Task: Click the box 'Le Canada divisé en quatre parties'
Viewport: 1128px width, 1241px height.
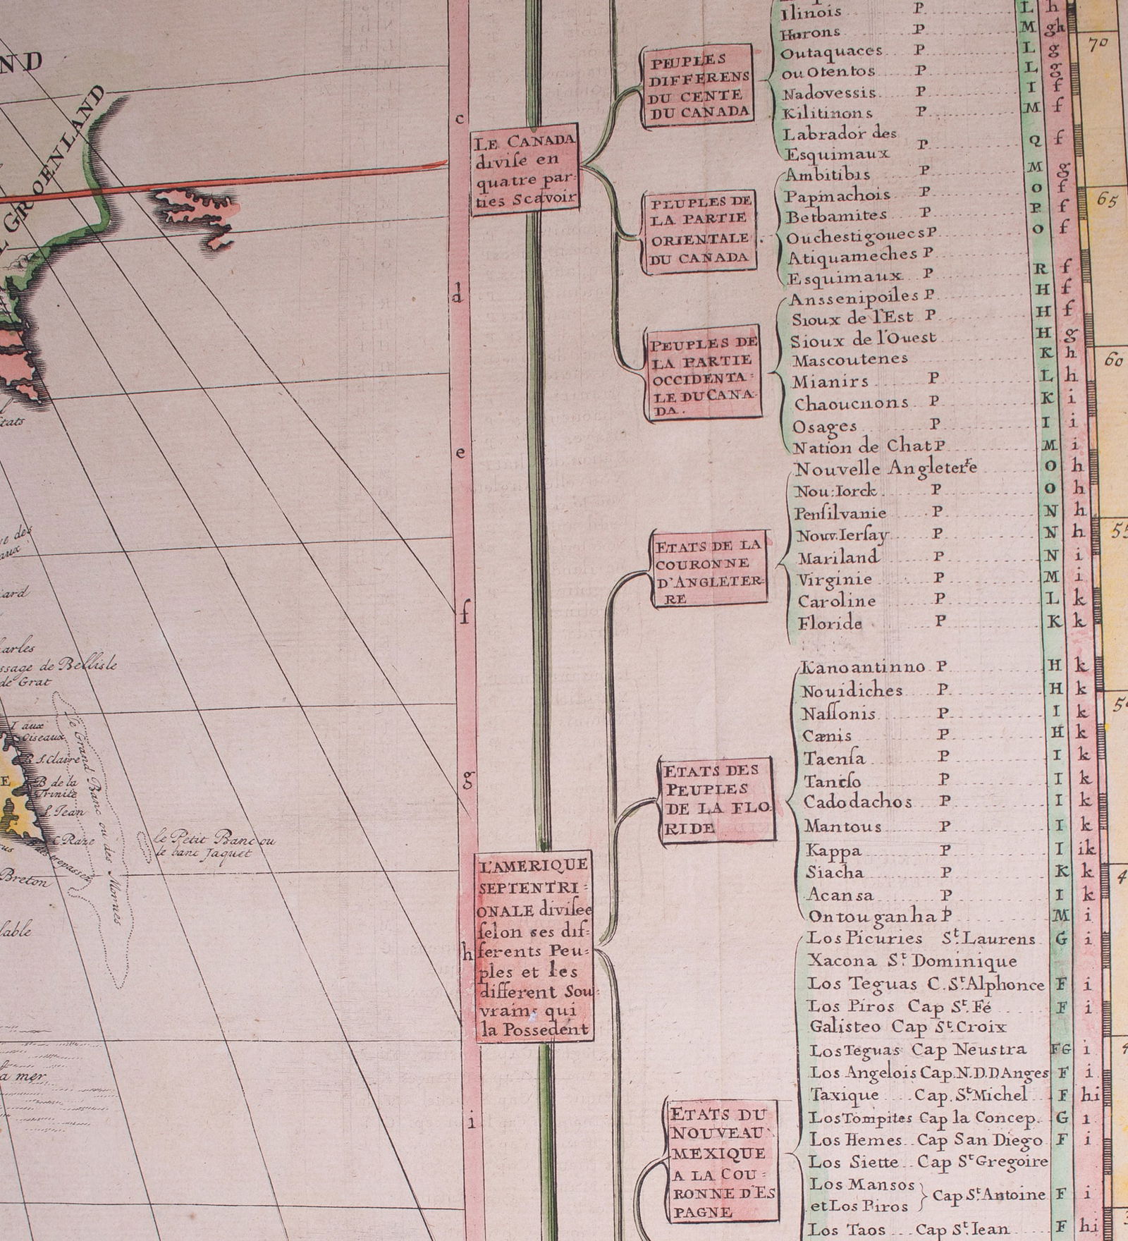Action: pos(525,171)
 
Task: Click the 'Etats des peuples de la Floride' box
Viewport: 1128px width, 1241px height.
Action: pos(716,799)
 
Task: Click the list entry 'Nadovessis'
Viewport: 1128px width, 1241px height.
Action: pos(829,93)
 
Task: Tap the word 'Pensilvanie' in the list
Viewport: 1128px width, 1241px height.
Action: pos(840,513)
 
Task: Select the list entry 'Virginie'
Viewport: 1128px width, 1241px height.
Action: pos(835,580)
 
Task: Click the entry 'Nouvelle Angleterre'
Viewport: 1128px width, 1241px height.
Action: pos(885,469)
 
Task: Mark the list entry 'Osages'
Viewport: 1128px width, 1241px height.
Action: pos(825,427)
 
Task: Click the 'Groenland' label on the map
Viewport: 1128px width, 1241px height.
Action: pos(56,166)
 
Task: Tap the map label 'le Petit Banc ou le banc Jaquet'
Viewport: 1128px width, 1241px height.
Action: pos(215,846)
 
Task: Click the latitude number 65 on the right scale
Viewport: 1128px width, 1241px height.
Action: pos(1108,200)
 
